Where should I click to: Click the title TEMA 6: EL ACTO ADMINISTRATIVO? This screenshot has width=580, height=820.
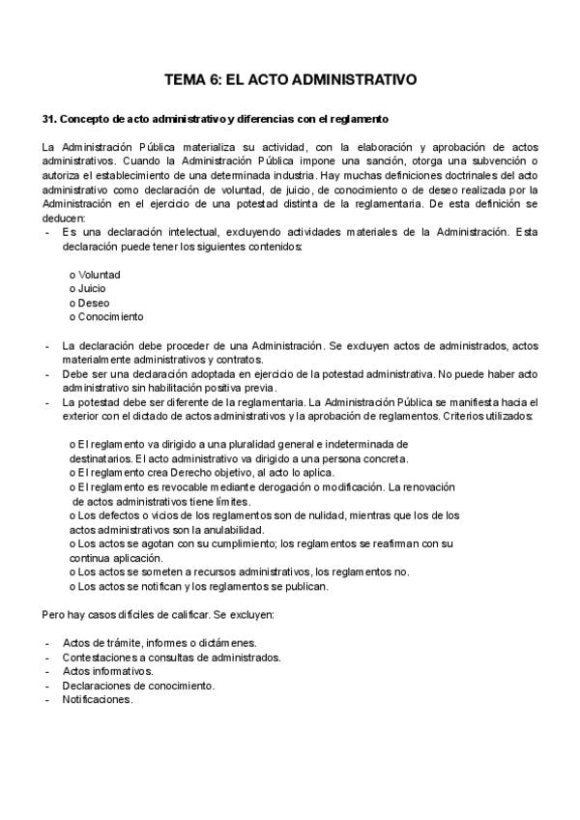tap(290, 81)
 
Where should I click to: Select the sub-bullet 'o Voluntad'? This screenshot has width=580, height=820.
tap(95, 275)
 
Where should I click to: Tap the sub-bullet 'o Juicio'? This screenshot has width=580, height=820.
tap(88, 288)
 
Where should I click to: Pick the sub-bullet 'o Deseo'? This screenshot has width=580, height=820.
tap(90, 303)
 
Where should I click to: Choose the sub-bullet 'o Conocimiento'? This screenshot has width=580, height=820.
tap(106, 316)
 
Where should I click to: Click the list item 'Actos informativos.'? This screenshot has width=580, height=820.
tap(107, 671)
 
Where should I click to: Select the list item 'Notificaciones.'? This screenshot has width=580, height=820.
tap(98, 699)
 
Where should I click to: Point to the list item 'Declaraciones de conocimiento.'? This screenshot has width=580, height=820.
tap(138, 686)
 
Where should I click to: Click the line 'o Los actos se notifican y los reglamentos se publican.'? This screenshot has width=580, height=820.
tap(199, 586)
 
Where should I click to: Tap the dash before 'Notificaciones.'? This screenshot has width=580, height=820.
tap(47, 699)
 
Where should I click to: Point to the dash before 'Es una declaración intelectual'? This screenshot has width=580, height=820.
tap(47, 232)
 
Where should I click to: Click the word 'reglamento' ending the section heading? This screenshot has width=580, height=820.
tap(361, 119)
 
